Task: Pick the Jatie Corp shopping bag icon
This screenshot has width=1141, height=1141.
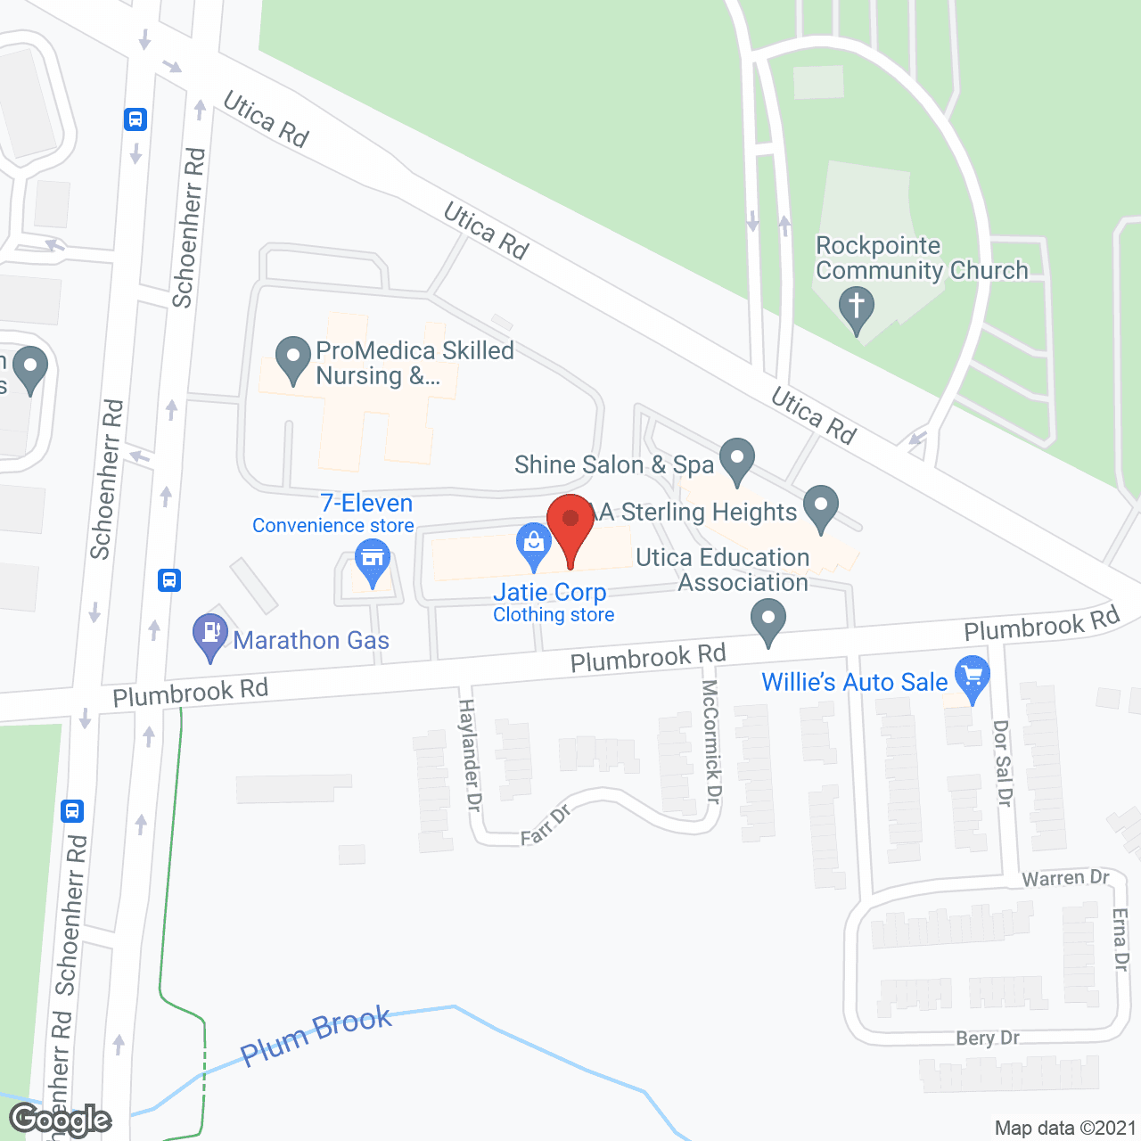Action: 534,543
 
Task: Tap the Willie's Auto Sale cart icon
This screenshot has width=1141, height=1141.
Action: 972,677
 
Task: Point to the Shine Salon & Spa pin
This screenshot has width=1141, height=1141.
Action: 737,459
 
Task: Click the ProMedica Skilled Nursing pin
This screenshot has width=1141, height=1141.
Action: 293,358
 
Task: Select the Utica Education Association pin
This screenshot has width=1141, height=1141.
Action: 768,620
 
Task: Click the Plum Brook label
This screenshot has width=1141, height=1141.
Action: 316,1036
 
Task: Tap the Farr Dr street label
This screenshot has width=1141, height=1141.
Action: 546,825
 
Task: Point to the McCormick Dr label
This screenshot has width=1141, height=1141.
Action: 710,741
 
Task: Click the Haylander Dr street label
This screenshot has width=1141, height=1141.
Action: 469,754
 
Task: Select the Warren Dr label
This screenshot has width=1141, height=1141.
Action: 1065,878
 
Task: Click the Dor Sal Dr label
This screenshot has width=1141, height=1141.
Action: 1003,764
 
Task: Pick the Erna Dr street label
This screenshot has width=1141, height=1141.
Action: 1120,938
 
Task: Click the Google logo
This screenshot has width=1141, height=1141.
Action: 61,1120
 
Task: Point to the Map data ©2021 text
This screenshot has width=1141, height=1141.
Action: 1065,1128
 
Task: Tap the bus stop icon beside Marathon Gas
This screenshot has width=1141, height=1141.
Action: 169,580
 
